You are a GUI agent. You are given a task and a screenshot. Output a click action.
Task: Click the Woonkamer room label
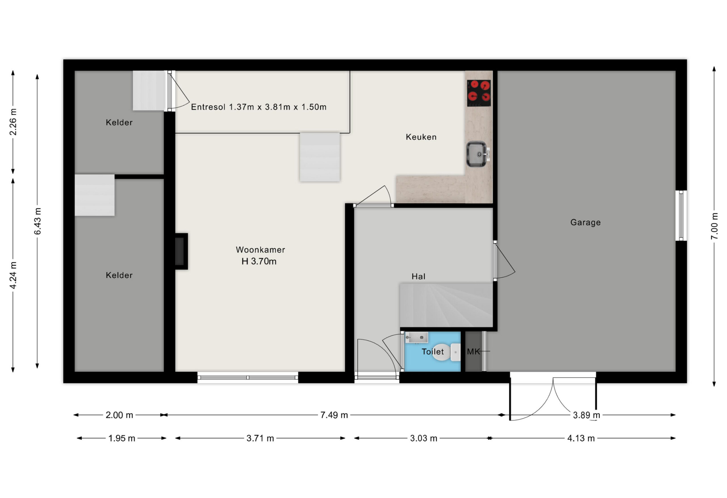260,250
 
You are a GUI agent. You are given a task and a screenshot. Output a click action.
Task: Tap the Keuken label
421,137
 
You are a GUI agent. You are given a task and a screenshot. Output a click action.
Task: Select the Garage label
585,222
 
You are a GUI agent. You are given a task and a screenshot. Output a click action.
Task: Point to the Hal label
418,276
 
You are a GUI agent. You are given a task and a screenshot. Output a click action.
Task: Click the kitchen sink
477,154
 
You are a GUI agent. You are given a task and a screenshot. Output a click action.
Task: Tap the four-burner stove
479,93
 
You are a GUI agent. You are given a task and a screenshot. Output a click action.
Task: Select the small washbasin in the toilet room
416,337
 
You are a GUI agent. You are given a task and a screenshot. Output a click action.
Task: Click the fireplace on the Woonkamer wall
181,251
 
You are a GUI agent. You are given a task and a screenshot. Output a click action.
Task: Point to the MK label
473,352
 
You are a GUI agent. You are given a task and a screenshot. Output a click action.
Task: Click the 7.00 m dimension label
714,226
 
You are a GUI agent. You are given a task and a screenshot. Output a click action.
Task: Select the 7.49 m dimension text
334,415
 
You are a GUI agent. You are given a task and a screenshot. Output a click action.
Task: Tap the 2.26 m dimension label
13,122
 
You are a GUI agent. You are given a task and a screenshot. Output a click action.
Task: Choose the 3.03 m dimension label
423,438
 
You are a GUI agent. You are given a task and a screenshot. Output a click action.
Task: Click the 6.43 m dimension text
37,221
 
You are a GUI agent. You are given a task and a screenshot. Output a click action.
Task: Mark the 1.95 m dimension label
122,438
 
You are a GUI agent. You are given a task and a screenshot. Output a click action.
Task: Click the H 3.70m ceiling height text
259,261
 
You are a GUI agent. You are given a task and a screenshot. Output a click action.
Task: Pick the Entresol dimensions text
259,107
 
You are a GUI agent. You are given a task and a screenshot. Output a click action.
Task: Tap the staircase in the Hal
446,305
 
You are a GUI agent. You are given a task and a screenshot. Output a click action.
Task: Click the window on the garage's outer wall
681,215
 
